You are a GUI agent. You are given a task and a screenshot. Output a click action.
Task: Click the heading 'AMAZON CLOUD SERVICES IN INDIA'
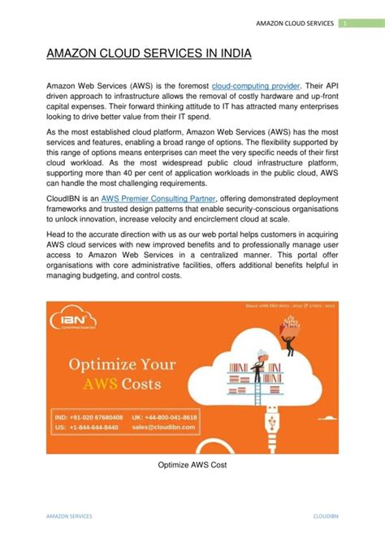148,54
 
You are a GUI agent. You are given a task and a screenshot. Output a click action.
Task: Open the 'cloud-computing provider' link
255,85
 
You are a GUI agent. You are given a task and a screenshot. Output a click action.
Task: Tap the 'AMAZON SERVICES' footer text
68,515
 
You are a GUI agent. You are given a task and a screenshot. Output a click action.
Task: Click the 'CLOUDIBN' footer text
327,515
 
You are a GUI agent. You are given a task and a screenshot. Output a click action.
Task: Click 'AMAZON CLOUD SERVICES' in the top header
294,23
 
